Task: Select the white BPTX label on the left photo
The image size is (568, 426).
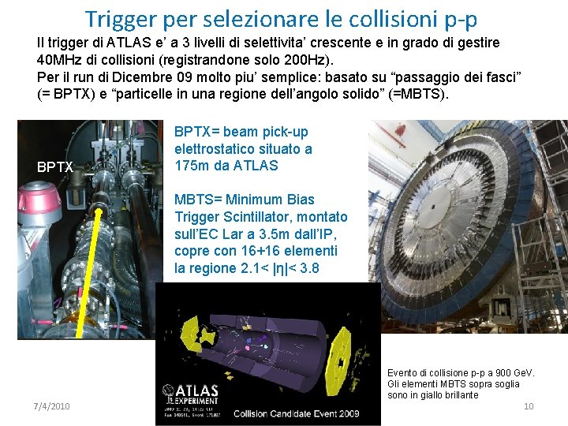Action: pyautogui.click(x=55, y=167)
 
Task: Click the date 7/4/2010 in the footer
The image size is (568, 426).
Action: pyautogui.click(x=52, y=405)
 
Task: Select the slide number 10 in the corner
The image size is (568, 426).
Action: pyautogui.click(x=529, y=405)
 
